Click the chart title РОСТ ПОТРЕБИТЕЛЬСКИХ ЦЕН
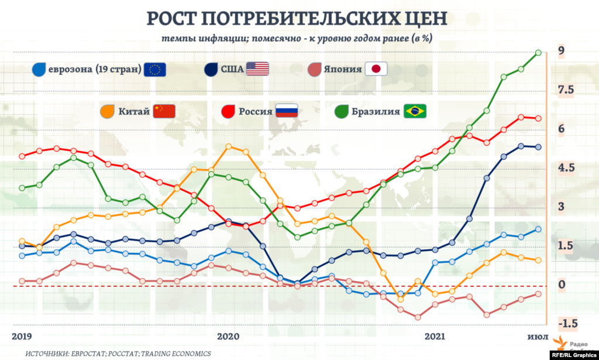point(297,18)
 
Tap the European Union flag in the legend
point(155,69)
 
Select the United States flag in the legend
point(257,69)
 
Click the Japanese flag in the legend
point(376,69)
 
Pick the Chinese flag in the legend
point(164,111)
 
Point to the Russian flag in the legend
point(287,111)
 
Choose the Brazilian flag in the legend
point(415,111)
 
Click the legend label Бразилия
point(377,111)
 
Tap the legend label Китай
point(133,111)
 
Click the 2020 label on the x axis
point(228,336)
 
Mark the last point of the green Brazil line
point(538,53)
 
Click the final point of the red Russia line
point(538,118)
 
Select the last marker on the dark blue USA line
point(538,147)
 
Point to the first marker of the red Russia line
point(22,156)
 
